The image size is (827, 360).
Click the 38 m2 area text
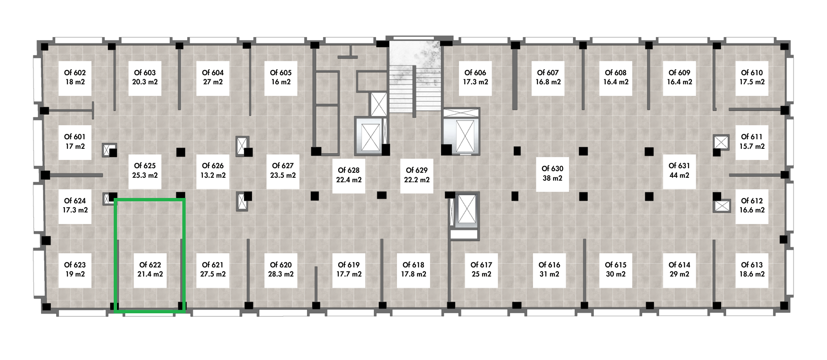[x=552, y=178]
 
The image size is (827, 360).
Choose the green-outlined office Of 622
[x=150, y=255]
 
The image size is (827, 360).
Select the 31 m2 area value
[x=549, y=274]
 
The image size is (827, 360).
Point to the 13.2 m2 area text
[x=213, y=175]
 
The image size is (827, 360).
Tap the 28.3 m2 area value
[x=281, y=274]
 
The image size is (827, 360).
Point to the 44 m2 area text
[x=679, y=175]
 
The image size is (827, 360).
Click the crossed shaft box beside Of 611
[x=721, y=142]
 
